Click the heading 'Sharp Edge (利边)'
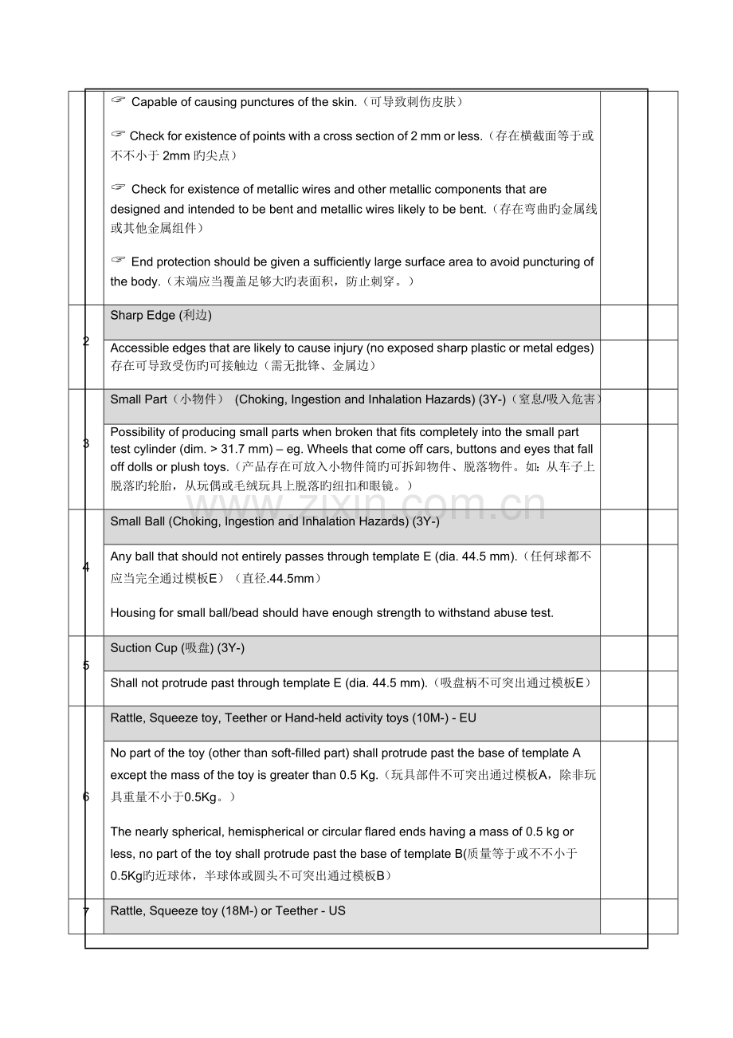coord(161,316)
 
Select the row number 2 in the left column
coord(85,342)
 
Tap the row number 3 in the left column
coord(85,443)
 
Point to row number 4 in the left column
coord(85,567)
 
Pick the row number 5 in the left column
coord(85,666)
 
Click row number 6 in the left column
coord(85,796)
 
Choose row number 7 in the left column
coord(85,910)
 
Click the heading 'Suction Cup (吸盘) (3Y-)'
coord(177,648)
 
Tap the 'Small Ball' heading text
coord(138,522)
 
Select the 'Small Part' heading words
coord(137,399)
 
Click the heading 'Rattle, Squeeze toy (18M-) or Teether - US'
coord(228,910)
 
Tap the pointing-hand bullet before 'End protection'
coord(119,260)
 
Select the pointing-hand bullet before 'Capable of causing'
coord(119,100)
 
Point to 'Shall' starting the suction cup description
coord(124,683)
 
